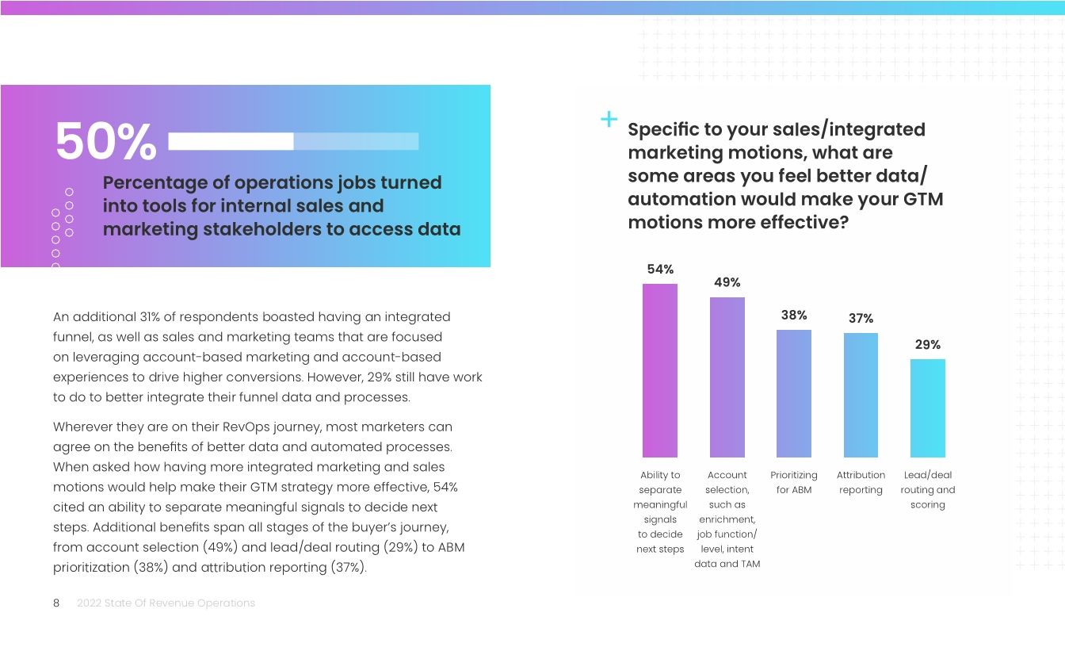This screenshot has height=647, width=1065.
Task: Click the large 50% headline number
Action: coord(105,143)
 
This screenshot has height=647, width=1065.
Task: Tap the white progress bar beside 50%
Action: coord(293,142)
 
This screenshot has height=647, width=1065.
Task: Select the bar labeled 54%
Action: coord(660,370)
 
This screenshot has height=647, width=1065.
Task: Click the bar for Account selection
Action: coord(727,377)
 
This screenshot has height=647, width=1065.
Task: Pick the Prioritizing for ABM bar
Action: coord(794,393)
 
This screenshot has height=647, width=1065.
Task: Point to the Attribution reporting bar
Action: coord(861,395)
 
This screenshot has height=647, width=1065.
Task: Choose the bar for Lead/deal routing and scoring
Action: coord(927,408)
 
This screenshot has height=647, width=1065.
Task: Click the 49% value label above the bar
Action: coord(727,282)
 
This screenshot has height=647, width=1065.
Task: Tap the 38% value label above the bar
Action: coord(794,315)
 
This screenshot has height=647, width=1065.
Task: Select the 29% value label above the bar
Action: coord(927,345)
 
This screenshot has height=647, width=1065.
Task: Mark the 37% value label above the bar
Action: coord(861,318)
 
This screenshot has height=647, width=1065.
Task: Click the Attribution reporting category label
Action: coord(861,482)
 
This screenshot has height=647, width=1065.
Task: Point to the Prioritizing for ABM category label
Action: coord(794,482)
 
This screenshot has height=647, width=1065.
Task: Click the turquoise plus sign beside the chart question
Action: coord(609,120)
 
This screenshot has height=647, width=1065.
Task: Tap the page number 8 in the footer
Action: coord(56,603)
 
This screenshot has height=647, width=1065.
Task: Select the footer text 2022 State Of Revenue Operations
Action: coord(166,603)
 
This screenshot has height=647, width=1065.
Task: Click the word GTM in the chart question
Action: coord(922,199)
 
